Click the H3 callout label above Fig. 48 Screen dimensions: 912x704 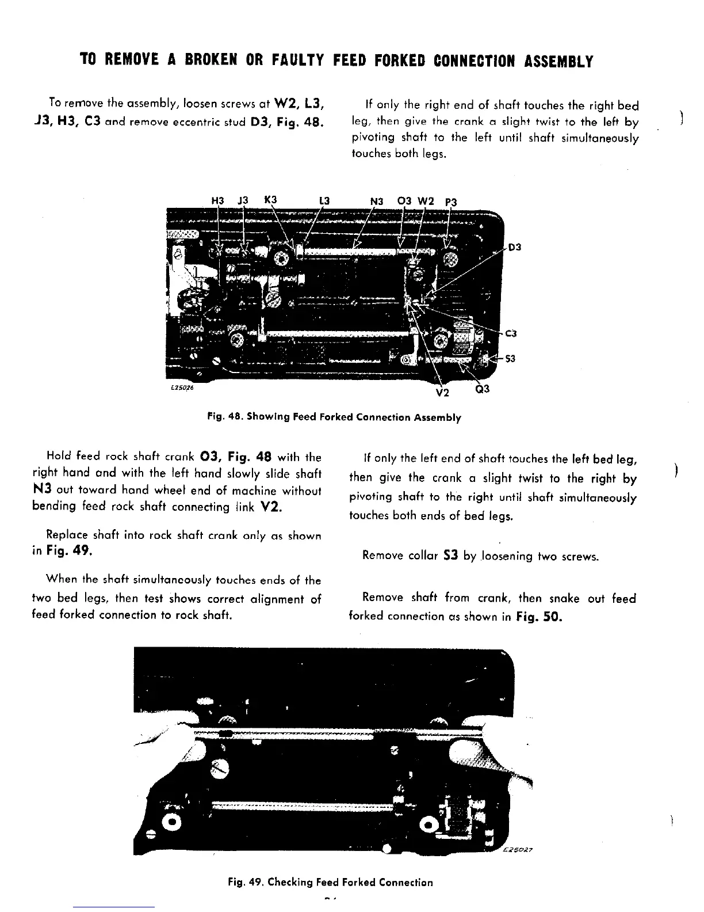coord(217,201)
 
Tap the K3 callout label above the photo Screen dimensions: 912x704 coord(270,200)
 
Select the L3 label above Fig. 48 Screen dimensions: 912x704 coord(323,201)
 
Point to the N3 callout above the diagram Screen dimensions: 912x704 coord(377,201)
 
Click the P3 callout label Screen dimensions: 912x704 coord(451,202)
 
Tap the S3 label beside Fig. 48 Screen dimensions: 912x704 coord(510,359)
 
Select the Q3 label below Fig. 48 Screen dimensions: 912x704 coord(483,389)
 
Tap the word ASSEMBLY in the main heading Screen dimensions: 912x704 coord(557,61)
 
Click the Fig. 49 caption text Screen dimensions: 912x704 coord(330,882)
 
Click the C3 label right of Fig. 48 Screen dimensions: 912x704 coord(512,333)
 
